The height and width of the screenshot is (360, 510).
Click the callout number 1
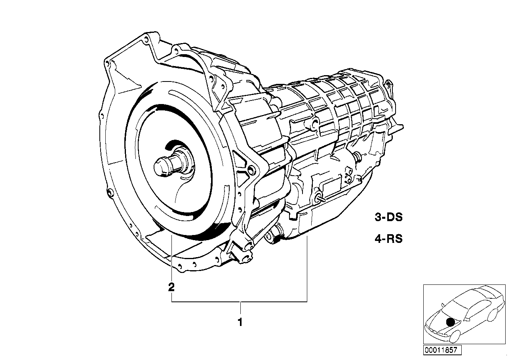pyautogui.click(x=239, y=322)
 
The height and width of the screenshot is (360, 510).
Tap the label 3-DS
pyautogui.click(x=388, y=217)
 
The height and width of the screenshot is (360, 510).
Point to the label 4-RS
pyautogui.click(x=388, y=239)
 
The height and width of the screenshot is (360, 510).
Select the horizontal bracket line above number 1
pyautogui.click(x=239, y=301)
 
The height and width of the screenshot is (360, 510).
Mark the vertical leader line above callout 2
pyautogui.click(x=171, y=257)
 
